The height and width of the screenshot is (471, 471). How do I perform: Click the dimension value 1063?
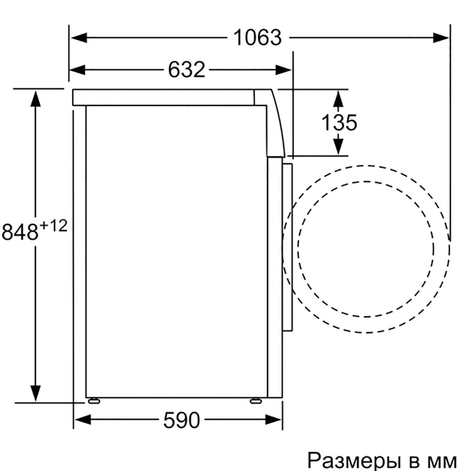[x=258, y=38]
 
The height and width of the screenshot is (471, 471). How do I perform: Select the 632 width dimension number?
[x=187, y=70]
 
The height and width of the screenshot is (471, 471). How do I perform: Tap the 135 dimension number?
[x=339, y=122]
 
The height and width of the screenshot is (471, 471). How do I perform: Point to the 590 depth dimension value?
[x=182, y=420]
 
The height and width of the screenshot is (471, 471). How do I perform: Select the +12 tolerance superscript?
[x=53, y=226]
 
